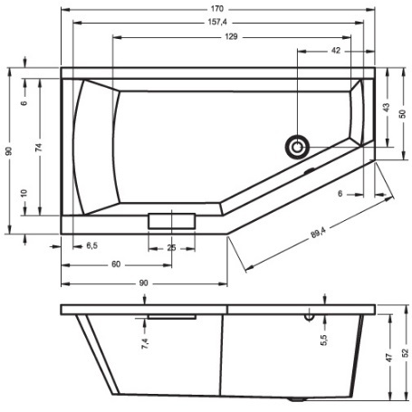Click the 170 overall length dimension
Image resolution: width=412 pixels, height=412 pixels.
pos(217,9)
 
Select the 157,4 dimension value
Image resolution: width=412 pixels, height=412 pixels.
pos(217,22)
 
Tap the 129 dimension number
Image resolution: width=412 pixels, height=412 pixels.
pos(231,36)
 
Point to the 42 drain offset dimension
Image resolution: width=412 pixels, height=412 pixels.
pos(336,51)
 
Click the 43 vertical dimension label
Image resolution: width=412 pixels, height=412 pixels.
pos(387,108)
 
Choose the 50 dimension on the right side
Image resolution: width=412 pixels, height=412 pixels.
pos(402,114)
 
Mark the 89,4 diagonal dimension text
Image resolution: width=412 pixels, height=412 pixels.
pos(319,233)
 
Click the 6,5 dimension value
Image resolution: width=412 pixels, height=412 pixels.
pos(92,245)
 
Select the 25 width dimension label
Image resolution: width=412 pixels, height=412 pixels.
pos(171,248)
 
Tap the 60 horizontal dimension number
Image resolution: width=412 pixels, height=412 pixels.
pos(116,264)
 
